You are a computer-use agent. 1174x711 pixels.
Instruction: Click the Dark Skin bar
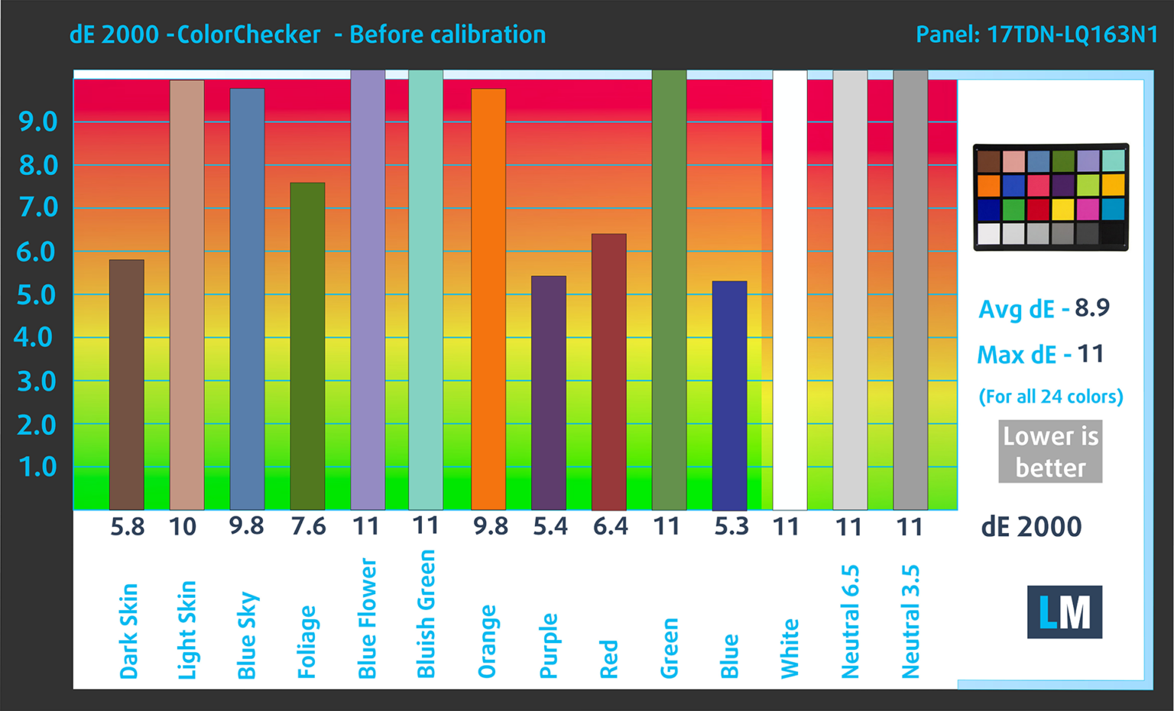(x=127, y=385)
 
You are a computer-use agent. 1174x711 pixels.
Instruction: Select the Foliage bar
(x=307, y=346)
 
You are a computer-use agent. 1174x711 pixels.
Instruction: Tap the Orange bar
(x=488, y=299)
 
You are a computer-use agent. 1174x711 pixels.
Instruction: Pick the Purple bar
(x=549, y=392)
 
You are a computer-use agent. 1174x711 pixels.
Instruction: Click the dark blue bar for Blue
(x=729, y=395)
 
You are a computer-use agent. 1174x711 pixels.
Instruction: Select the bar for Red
(x=609, y=372)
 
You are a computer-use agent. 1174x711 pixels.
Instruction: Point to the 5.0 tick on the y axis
(x=37, y=295)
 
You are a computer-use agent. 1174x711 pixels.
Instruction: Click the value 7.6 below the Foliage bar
(x=309, y=527)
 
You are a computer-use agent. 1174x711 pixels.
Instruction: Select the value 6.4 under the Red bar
(x=611, y=527)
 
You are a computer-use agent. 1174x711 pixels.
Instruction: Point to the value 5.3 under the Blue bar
(x=731, y=527)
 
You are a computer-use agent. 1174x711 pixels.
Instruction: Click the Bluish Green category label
(x=426, y=614)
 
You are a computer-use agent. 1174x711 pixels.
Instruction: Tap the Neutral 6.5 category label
(x=850, y=622)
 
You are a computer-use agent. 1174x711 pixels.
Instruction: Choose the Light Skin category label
(x=186, y=630)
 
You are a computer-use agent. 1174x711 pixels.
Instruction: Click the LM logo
(x=1064, y=612)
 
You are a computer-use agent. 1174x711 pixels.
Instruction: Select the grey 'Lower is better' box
(x=1050, y=451)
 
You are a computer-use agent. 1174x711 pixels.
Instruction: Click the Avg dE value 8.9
(x=1091, y=308)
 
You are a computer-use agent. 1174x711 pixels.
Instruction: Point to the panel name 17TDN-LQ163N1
(x=1072, y=35)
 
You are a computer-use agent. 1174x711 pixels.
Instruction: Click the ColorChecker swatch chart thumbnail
(x=1051, y=197)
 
